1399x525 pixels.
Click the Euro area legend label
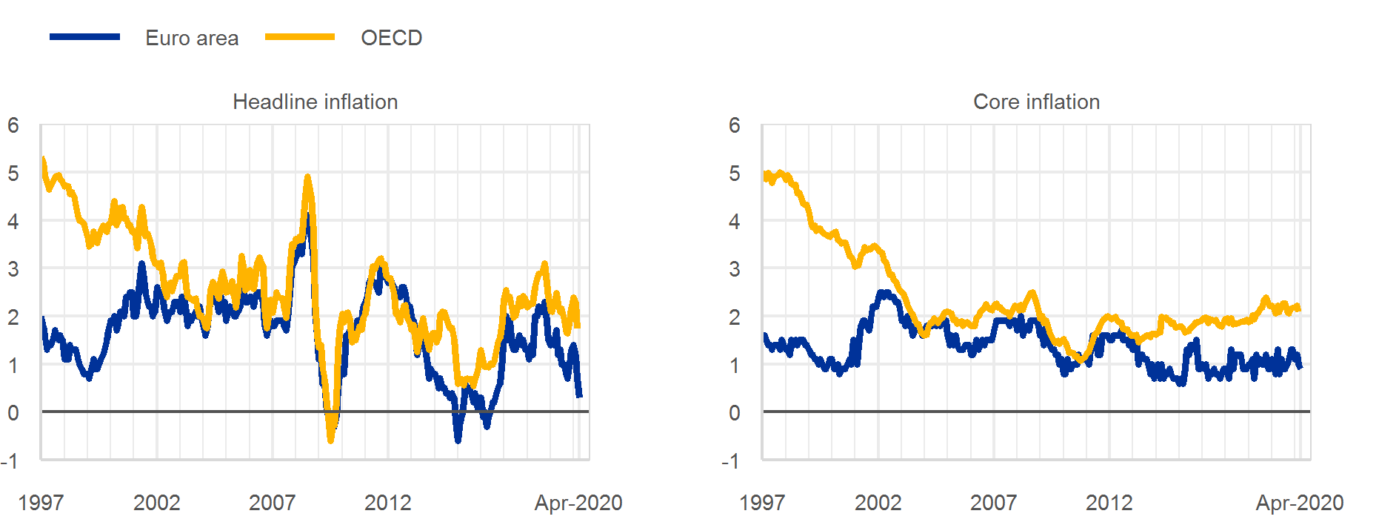click(192, 38)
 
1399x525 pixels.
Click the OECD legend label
click(391, 38)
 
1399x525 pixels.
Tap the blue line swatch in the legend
click(84, 36)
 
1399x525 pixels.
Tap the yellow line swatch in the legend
click(300, 36)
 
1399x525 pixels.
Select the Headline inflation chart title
click(315, 102)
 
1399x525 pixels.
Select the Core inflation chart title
click(1036, 102)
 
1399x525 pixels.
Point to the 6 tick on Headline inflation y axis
click(13, 125)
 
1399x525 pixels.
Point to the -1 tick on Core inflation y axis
click(730, 461)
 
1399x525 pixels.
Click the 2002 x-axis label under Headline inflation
click(156, 503)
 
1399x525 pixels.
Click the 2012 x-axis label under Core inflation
click(1109, 503)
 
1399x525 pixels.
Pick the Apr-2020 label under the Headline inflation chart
click(578, 503)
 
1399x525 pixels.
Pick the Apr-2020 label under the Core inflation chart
click(1300, 503)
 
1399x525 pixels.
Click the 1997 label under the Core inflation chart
click(762, 503)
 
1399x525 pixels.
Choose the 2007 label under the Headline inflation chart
click(272, 503)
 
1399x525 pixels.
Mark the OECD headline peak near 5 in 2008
click(308, 177)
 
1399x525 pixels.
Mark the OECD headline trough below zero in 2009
click(330, 440)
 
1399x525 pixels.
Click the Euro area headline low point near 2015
click(458, 440)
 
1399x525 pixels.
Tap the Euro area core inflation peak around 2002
click(884, 293)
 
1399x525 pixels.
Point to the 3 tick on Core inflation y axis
click(734, 269)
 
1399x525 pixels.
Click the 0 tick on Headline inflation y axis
click(13, 413)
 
